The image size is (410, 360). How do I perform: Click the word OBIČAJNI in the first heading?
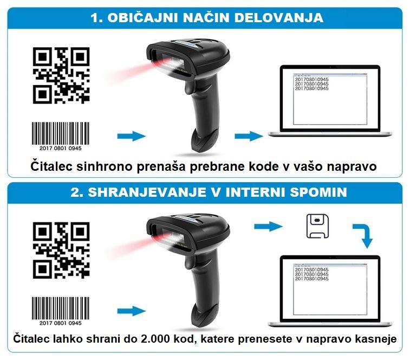143,18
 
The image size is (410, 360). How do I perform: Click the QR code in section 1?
61,75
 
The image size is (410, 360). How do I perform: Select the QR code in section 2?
61,250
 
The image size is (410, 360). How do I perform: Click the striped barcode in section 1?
61,133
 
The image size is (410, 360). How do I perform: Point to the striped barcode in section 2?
61,308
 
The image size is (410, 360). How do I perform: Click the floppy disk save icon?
317,226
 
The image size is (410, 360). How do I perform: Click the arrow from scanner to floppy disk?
268,226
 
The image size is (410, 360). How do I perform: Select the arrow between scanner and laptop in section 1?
249,136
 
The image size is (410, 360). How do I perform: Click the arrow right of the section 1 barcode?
132,136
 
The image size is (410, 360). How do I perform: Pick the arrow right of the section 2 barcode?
132,311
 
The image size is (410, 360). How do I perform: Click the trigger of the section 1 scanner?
189,87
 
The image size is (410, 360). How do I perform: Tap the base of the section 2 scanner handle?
205,316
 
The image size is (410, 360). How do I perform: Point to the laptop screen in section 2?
330,289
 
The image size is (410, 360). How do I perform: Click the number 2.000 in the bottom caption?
155,339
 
